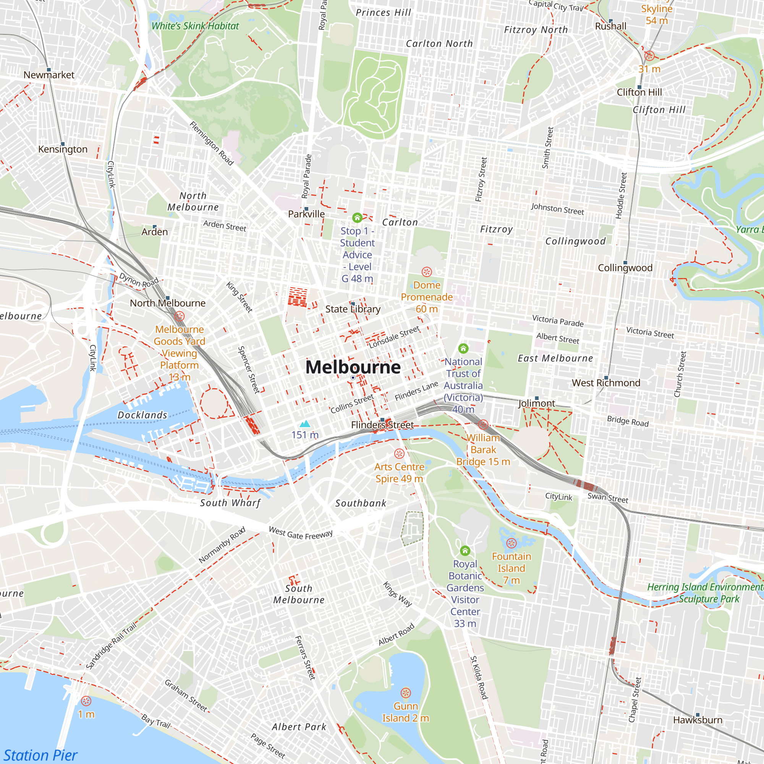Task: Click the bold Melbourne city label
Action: tap(353, 367)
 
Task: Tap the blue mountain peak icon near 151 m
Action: tap(304, 424)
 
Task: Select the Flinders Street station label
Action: tap(382, 425)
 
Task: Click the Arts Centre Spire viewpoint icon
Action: tap(400, 453)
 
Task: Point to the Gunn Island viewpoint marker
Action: tap(406, 693)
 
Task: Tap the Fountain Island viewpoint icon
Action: tap(511, 543)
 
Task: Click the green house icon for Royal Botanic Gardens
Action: tap(465, 550)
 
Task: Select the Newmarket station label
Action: tap(49, 75)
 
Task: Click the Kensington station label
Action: tap(63, 149)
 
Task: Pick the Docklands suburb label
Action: tap(142, 415)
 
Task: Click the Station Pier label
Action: tap(40, 755)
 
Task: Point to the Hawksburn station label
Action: tap(698, 720)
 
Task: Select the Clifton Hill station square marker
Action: tap(639, 87)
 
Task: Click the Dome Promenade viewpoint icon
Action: tap(426, 272)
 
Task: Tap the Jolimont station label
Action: tap(537, 403)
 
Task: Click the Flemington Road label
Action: tap(212, 143)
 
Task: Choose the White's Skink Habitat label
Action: tap(195, 26)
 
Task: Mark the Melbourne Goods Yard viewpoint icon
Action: tap(179, 316)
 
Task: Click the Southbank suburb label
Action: tap(361, 503)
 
